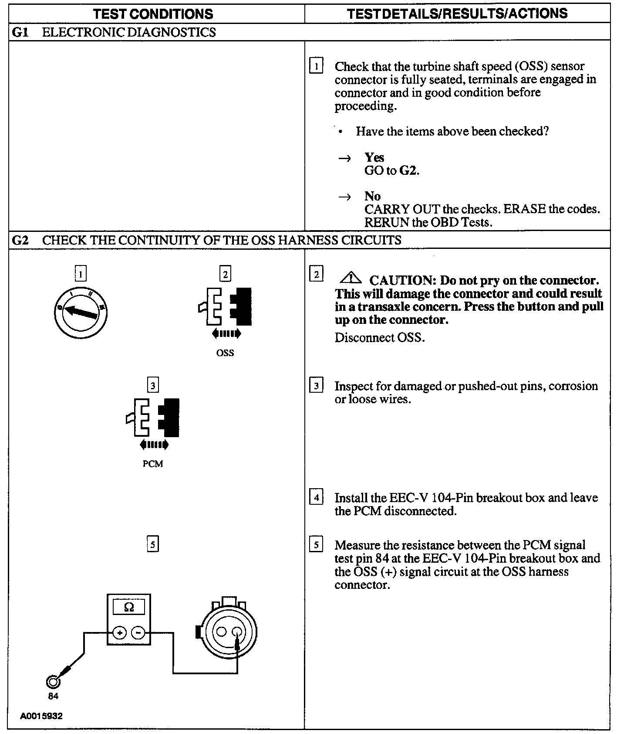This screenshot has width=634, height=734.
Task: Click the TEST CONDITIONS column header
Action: [x=153, y=14]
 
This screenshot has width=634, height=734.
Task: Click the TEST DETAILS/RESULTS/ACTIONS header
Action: [x=457, y=14]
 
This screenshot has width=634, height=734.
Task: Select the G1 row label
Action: [x=20, y=32]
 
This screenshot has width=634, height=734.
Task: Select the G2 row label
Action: [x=20, y=240]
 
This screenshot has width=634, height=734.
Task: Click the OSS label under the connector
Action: [x=225, y=353]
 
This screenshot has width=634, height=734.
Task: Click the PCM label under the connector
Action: [x=153, y=464]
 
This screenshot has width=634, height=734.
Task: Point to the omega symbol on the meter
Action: [x=129, y=607]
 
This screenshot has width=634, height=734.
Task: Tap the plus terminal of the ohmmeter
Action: [x=120, y=632]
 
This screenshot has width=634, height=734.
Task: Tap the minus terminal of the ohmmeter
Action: [x=138, y=632]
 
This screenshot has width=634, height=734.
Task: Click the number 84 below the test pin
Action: [x=53, y=696]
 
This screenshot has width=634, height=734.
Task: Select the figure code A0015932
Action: [x=41, y=716]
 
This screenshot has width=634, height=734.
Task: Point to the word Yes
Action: [x=374, y=157]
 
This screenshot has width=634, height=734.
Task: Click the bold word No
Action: [x=372, y=196]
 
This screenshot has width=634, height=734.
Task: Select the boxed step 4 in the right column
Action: [x=316, y=497]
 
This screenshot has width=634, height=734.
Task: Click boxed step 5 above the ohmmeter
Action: [x=152, y=544]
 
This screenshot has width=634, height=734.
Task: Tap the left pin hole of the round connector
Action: [x=222, y=632]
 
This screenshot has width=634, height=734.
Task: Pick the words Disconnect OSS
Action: [x=379, y=338]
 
